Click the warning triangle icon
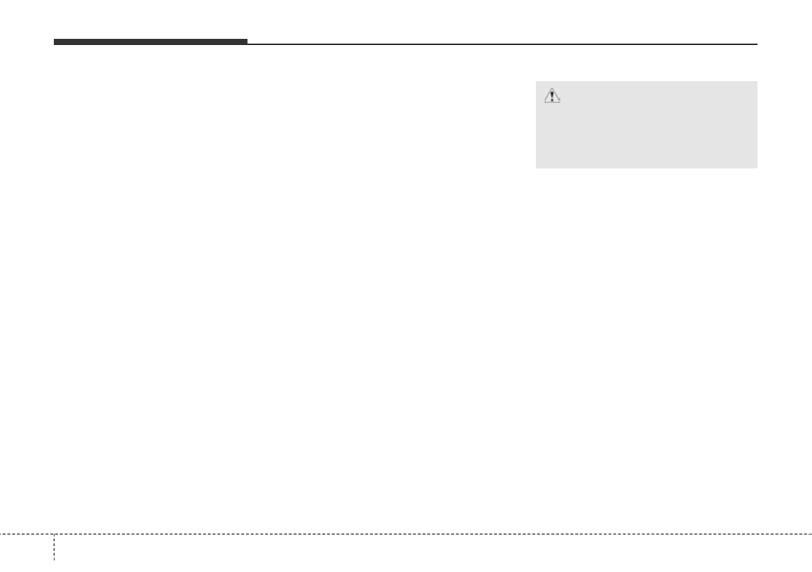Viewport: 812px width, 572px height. click(552, 97)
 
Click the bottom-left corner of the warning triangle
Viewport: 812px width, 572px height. click(544, 102)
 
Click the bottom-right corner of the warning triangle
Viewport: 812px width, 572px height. click(560, 102)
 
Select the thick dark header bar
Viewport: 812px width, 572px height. click(150, 42)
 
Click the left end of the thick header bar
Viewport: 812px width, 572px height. click(55, 42)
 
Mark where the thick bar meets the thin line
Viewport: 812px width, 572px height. click(247, 44)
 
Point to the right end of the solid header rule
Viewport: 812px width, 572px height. click(757, 44)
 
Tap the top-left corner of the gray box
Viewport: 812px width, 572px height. click(536, 82)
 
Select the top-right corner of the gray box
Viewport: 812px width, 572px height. click(757, 82)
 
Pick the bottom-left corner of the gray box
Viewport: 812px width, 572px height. click(536, 168)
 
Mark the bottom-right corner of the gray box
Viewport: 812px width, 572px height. click(757, 168)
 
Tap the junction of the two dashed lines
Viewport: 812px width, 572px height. click(54, 533)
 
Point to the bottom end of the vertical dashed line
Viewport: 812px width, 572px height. click(54, 570)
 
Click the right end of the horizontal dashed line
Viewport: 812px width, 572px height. click(811, 533)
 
